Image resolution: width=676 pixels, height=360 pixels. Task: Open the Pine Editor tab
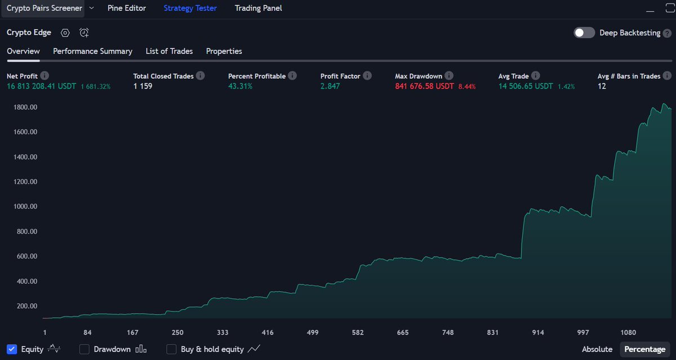127,8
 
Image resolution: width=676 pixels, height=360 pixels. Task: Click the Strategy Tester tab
190,8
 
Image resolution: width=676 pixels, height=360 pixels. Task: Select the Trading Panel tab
258,8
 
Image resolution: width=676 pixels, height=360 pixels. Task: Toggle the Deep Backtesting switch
584,33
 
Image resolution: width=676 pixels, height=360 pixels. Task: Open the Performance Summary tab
92,51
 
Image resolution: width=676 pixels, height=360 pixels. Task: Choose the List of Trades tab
169,51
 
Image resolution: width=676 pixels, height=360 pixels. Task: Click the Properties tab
224,51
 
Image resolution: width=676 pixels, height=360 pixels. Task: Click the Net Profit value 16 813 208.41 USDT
42,86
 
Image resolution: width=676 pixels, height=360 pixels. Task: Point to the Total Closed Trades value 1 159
143,86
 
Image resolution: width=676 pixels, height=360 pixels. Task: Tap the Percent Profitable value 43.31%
240,86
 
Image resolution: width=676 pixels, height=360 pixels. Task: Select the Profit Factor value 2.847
330,86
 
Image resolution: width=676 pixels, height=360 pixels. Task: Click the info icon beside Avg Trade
536,75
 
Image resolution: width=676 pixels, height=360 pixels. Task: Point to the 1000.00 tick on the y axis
25,207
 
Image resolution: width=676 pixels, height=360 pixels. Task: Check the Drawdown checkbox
84,349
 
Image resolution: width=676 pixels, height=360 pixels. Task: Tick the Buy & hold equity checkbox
171,349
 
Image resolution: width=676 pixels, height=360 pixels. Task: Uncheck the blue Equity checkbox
12,349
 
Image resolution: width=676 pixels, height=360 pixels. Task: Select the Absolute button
597,349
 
